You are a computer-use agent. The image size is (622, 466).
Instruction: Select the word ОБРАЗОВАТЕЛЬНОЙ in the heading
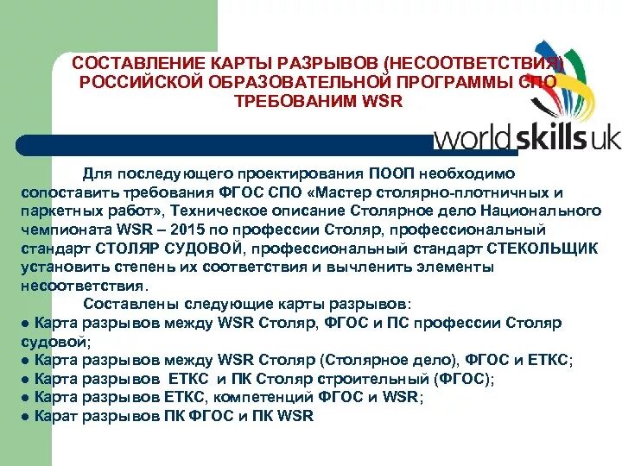tap(290, 82)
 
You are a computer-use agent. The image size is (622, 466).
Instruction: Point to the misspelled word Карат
tap(54, 416)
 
